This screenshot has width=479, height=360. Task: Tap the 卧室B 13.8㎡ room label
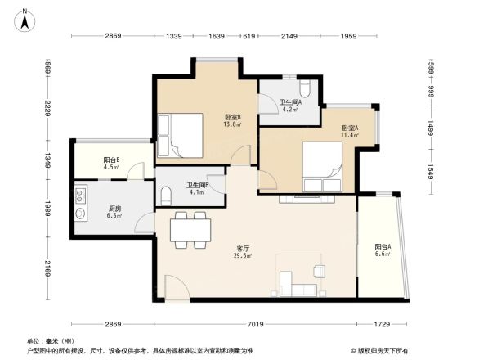coord(233,120)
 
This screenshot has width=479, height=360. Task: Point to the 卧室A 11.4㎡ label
coord(351,132)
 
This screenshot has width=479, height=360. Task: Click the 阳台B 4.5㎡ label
coord(112,164)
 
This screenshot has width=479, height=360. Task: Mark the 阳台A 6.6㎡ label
coord(382,250)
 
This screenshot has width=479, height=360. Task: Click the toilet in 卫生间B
coord(166,194)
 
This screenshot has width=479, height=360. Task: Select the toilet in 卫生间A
coord(304,87)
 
